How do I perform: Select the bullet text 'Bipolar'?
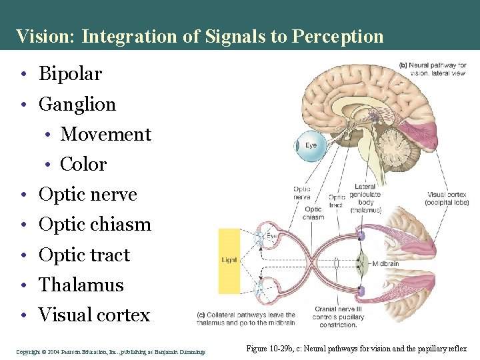pos(71,74)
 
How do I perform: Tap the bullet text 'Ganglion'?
pos(77,105)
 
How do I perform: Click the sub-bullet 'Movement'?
pos(106,135)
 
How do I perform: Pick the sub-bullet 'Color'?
pos(83,165)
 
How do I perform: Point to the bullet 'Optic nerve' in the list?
pos(88,195)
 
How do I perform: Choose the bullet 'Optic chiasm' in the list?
pos(95,225)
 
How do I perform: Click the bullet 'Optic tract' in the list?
pos(85,255)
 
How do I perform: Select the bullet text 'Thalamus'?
pos(81,285)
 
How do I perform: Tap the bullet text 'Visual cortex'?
pos(95,315)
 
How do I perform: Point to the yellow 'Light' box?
pos(229,261)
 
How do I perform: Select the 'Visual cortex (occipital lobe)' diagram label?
pos(447,199)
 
